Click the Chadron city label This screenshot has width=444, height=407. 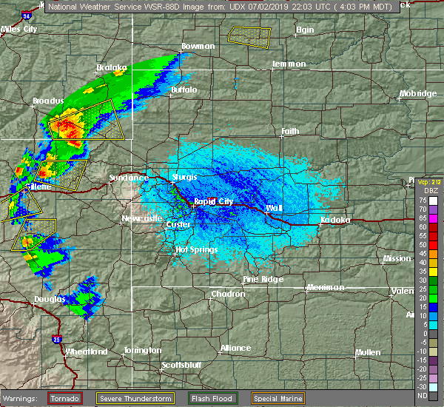(x=228, y=294)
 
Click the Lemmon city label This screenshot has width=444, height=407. (x=289, y=64)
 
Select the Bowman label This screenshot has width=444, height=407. (x=198, y=46)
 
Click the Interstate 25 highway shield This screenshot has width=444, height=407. (x=58, y=339)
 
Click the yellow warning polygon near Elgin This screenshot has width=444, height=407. (x=249, y=35)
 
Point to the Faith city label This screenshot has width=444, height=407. (x=289, y=132)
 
